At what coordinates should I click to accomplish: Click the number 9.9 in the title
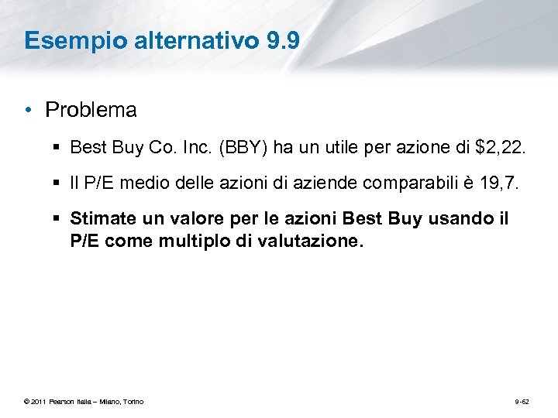(x=282, y=40)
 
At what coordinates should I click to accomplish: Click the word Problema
(x=91, y=111)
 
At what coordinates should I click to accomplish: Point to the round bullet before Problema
(x=29, y=111)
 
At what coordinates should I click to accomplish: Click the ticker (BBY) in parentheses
(x=245, y=147)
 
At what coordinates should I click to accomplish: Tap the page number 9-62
(x=521, y=402)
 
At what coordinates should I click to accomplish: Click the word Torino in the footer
(x=133, y=402)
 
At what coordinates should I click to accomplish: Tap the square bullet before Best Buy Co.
(x=59, y=147)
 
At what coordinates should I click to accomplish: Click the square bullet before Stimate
(x=59, y=220)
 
